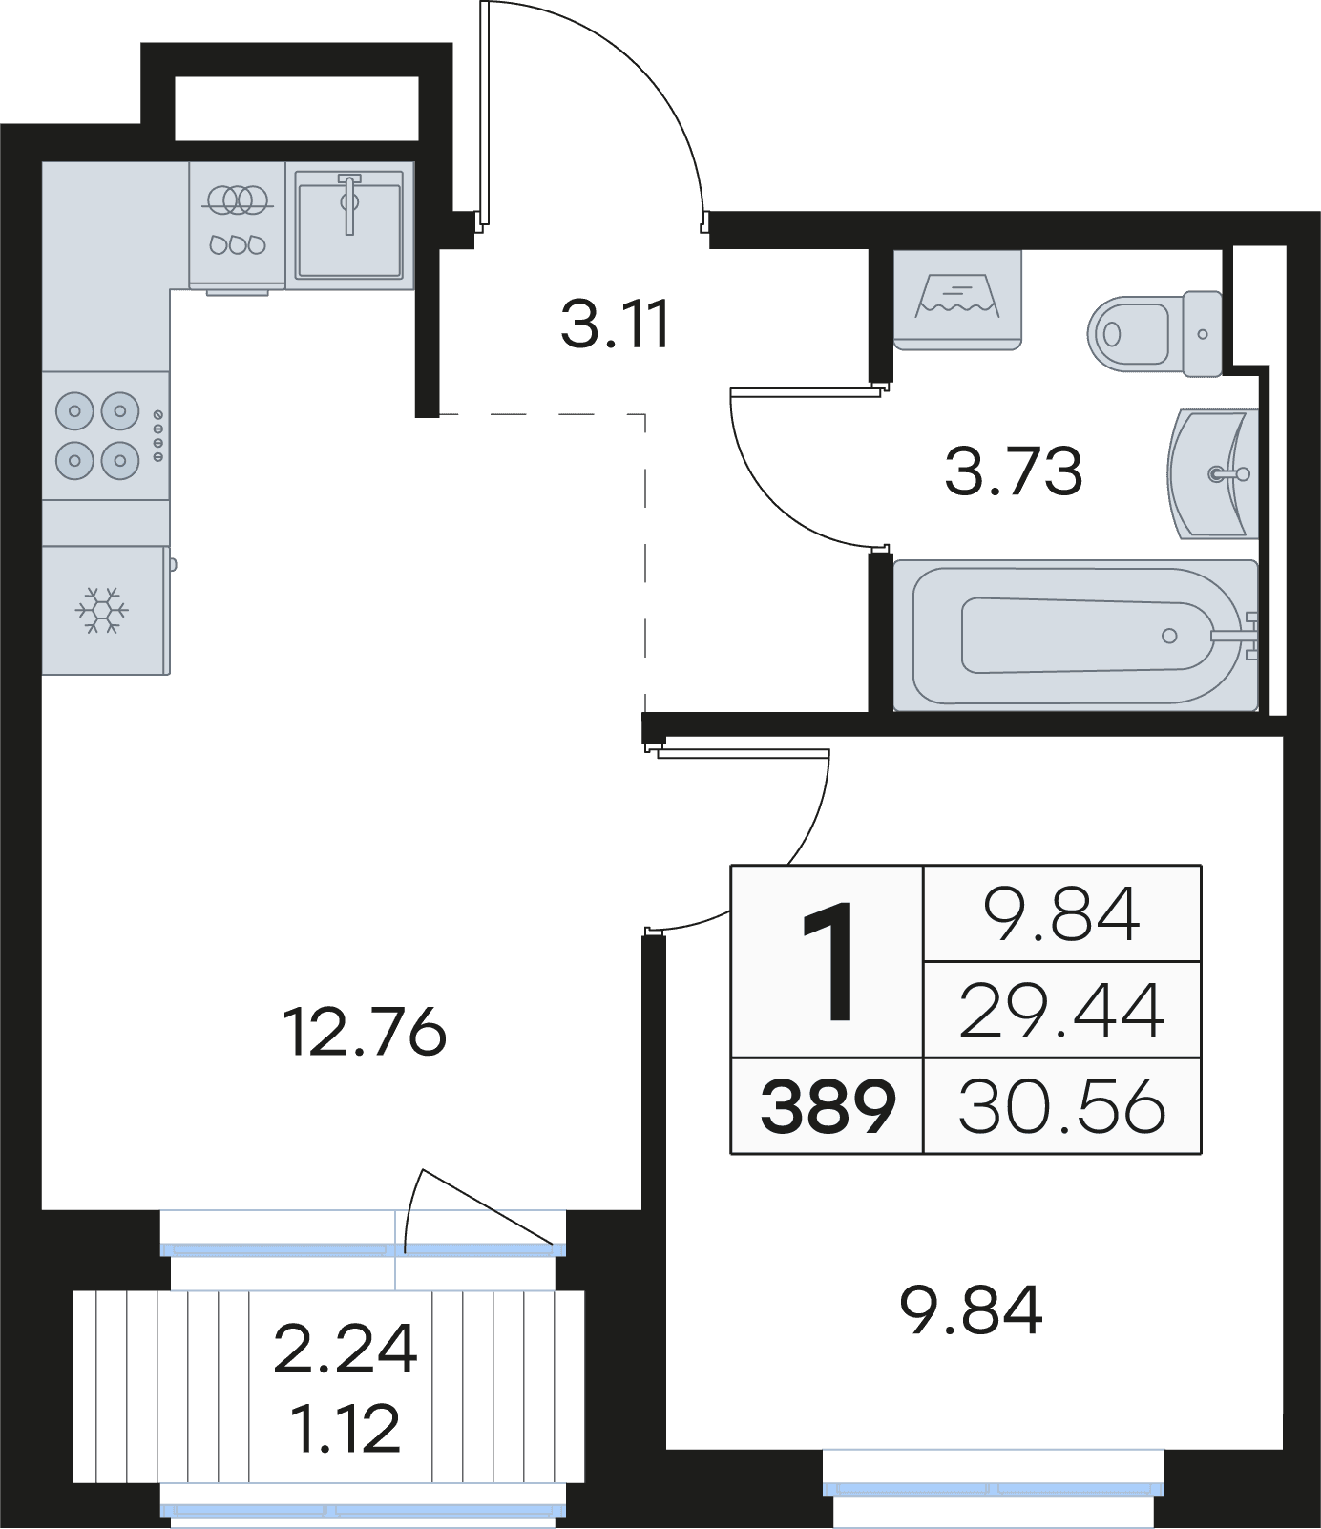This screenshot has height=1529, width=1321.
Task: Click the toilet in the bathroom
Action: click(x=1155, y=333)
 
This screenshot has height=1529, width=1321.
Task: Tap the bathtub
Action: click(x=1076, y=635)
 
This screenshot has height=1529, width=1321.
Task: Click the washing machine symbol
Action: click(x=957, y=300)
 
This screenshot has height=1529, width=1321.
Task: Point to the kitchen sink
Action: click(x=349, y=225)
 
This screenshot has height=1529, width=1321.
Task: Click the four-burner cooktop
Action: click(x=106, y=436)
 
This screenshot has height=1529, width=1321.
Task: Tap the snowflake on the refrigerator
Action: click(x=102, y=609)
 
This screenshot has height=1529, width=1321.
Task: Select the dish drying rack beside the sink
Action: click(x=237, y=225)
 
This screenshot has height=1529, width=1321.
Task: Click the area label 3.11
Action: click(x=616, y=324)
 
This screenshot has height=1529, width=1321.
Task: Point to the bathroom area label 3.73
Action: click(x=1014, y=471)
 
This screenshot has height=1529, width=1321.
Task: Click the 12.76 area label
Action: click(x=365, y=1032)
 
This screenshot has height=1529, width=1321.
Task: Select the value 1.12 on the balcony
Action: click(x=346, y=1429)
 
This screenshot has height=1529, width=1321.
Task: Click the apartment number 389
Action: click(x=828, y=1106)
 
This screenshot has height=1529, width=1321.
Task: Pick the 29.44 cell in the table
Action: click(x=1061, y=1011)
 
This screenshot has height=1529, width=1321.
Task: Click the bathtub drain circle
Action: click(x=1169, y=636)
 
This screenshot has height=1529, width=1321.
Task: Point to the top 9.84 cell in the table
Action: click(x=1061, y=913)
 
